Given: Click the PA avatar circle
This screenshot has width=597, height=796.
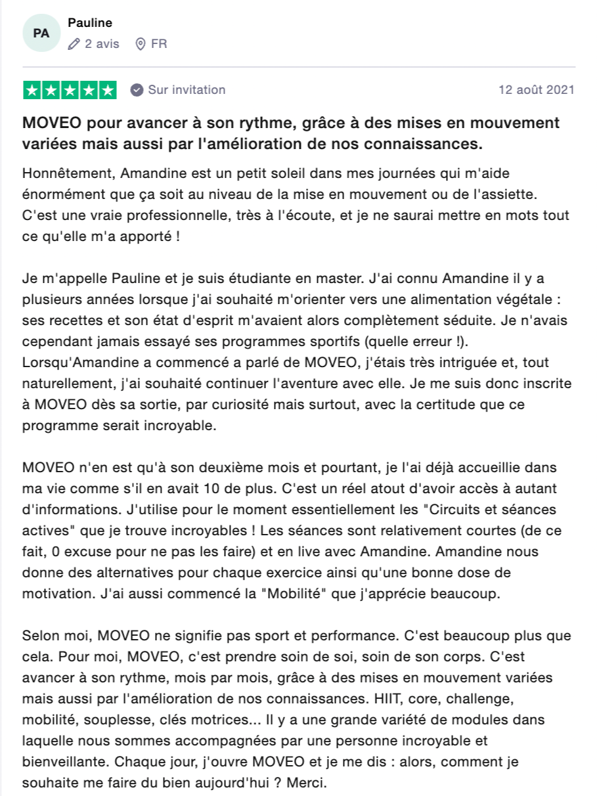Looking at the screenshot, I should click(x=41, y=33).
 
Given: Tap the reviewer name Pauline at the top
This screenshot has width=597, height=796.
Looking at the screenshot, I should click(x=90, y=23).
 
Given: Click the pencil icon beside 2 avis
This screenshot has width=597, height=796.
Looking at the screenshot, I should click(x=73, y=44).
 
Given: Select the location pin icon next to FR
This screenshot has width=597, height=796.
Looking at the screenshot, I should click(x=139, y=44).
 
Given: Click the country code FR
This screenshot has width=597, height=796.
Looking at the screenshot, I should click(x=159, y=44).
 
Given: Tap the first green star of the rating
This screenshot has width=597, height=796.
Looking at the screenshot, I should click(x=32, y=91).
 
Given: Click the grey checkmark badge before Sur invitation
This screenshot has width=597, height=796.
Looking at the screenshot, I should click(x=137, y=90).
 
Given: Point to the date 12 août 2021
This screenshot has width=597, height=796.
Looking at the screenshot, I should click(x=536, y=90).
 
